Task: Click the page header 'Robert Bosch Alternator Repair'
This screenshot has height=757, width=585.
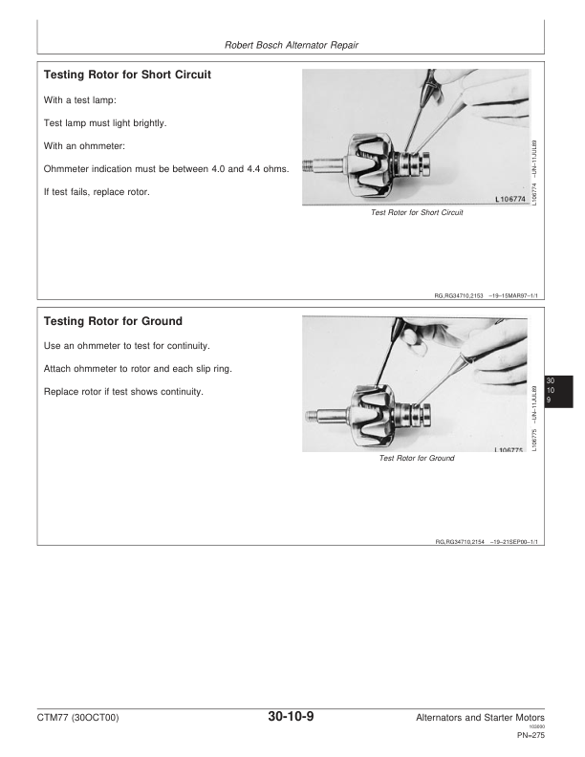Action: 291,44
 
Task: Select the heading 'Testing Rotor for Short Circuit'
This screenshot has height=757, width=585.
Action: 128,75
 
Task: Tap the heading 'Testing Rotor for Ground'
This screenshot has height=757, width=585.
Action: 113,321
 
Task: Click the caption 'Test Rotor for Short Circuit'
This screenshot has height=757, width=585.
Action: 416,213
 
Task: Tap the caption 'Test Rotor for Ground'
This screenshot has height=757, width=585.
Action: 417,459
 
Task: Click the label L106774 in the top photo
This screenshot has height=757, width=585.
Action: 513,200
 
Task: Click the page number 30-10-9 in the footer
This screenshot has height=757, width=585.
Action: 292,717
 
